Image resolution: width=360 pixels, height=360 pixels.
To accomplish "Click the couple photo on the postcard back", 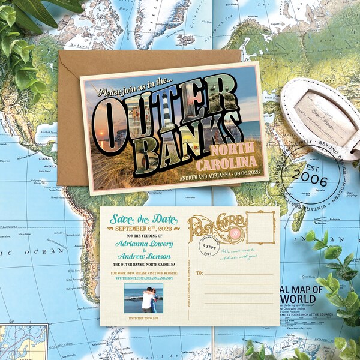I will (x=143, y=298).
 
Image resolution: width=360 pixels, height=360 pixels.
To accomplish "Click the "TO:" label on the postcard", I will (x=199, y=273).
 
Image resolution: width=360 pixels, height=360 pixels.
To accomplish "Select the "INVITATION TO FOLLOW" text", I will (x=143, y=317).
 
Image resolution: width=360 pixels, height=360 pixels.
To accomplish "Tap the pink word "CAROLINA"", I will (x=230, y=163).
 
